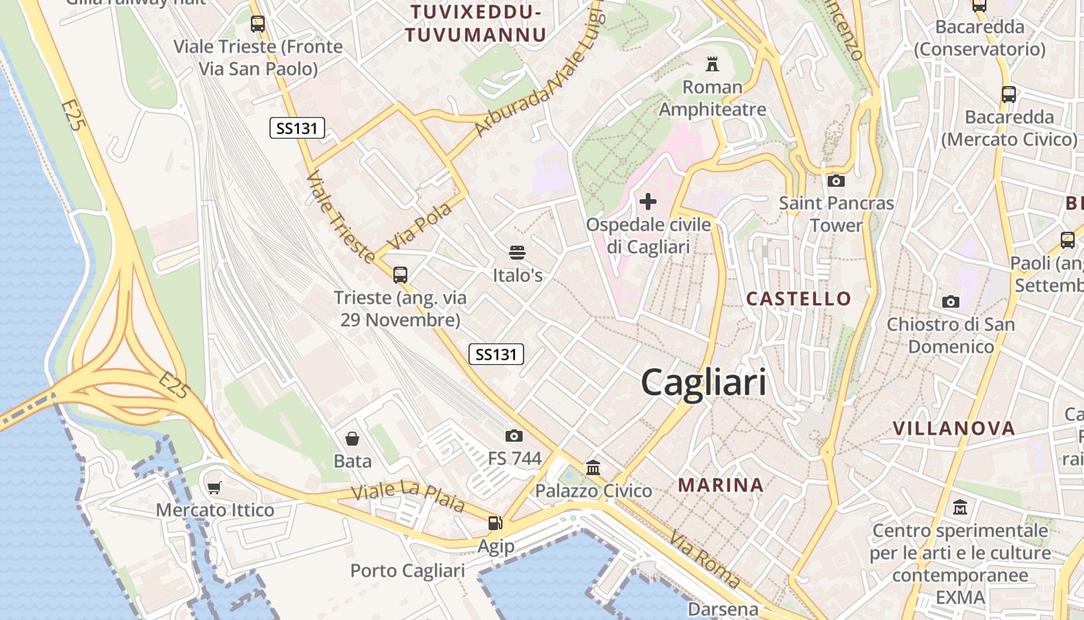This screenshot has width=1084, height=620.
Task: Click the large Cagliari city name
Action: coord(704,383)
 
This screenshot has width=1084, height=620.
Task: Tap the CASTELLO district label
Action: coord(798,298)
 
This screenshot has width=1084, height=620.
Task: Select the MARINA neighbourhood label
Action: coord(721,485)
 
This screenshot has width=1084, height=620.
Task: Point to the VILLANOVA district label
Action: coord(954,428)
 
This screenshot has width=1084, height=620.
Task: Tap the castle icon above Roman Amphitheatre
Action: coord(712,64)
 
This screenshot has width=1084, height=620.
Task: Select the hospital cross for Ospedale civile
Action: coord(648,202)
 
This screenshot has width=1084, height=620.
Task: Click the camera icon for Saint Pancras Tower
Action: coord(836,181)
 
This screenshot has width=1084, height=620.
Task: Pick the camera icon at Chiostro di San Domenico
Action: coord(951,301)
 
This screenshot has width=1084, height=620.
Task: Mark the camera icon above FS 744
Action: coord(514,436)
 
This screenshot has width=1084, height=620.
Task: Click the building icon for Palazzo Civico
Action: coord(594,467)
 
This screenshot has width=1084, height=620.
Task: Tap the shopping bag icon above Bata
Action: coord(352,439)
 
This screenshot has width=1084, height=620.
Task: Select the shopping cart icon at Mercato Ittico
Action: coord(214,487)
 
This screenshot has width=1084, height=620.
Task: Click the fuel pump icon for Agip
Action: coord(495,523)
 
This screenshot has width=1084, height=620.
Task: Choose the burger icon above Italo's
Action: coord(517,252)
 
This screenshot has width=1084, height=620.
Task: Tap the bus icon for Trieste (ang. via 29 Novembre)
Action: coord(400,274)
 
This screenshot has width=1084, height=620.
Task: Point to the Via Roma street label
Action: coord(705,559)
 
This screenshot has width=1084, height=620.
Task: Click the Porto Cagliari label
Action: coord(407,571)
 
